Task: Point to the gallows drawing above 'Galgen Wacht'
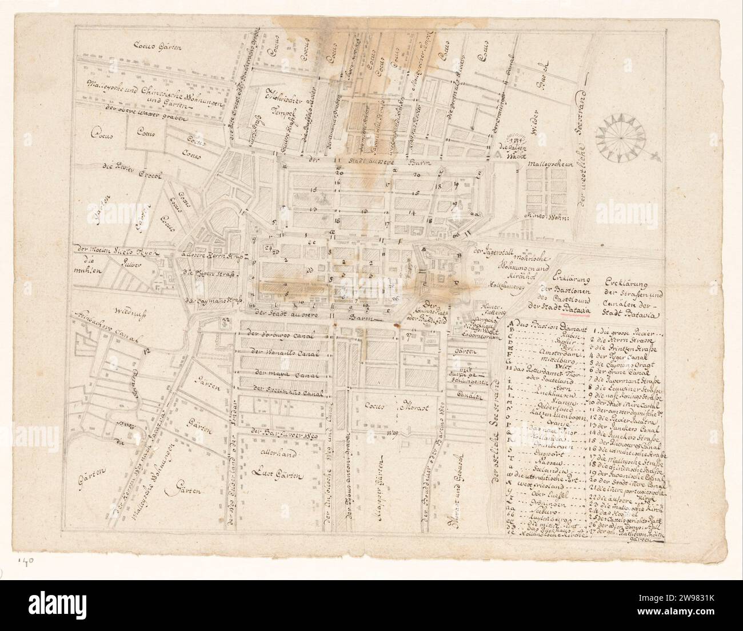pos(512,137)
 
